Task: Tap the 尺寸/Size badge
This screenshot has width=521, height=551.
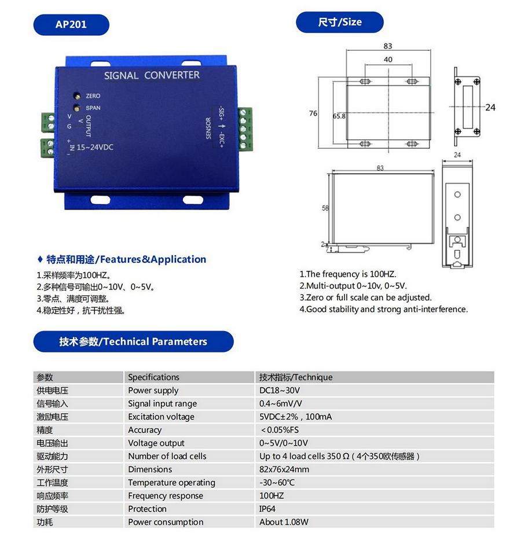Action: (x=340, y=23)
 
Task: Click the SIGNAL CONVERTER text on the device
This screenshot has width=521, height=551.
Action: (x=152, y=75)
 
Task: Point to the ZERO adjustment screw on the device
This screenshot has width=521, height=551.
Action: (x=76, y=95)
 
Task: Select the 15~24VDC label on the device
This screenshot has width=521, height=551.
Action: (x=95, y=147)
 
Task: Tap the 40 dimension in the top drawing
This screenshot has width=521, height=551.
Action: (x=388, y=60)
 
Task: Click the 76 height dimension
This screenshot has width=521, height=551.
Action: (x=313, y=113)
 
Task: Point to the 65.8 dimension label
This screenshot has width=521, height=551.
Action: (x=339, y=116)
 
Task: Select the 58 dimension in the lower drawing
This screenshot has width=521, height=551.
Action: (x=325, y=207)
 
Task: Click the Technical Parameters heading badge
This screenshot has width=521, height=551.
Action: (x=133, y=341)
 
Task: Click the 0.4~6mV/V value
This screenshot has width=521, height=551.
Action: (x=281, y=404)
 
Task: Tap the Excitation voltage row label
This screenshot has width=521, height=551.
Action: (x=161, y=417)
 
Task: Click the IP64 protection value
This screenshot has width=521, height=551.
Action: (x=267, y=509)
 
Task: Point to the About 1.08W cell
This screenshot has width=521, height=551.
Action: (x=284, y=522)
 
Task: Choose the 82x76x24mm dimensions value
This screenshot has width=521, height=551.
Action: (x=284, y=469)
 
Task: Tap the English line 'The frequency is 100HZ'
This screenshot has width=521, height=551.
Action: (x=348, y=274)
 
